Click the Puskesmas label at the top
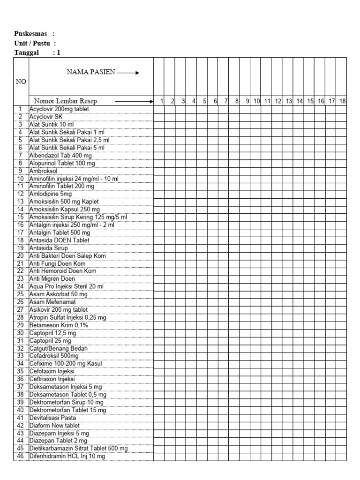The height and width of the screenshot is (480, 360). [31, 34]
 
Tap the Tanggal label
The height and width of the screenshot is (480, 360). [26, 52]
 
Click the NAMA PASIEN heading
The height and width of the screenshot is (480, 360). [90, 72]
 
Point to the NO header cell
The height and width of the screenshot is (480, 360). [21, 82]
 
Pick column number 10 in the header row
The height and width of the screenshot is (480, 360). [256, 101]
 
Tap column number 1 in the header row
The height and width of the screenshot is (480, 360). [161, 101]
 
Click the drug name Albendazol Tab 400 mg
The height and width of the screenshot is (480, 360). [60, 155]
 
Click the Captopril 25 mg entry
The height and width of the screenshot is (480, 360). [50, 340]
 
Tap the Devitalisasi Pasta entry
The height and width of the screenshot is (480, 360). [52, 418]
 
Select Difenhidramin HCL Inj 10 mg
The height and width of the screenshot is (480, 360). [67, 456]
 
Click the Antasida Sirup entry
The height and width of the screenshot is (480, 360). [49, 248]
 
